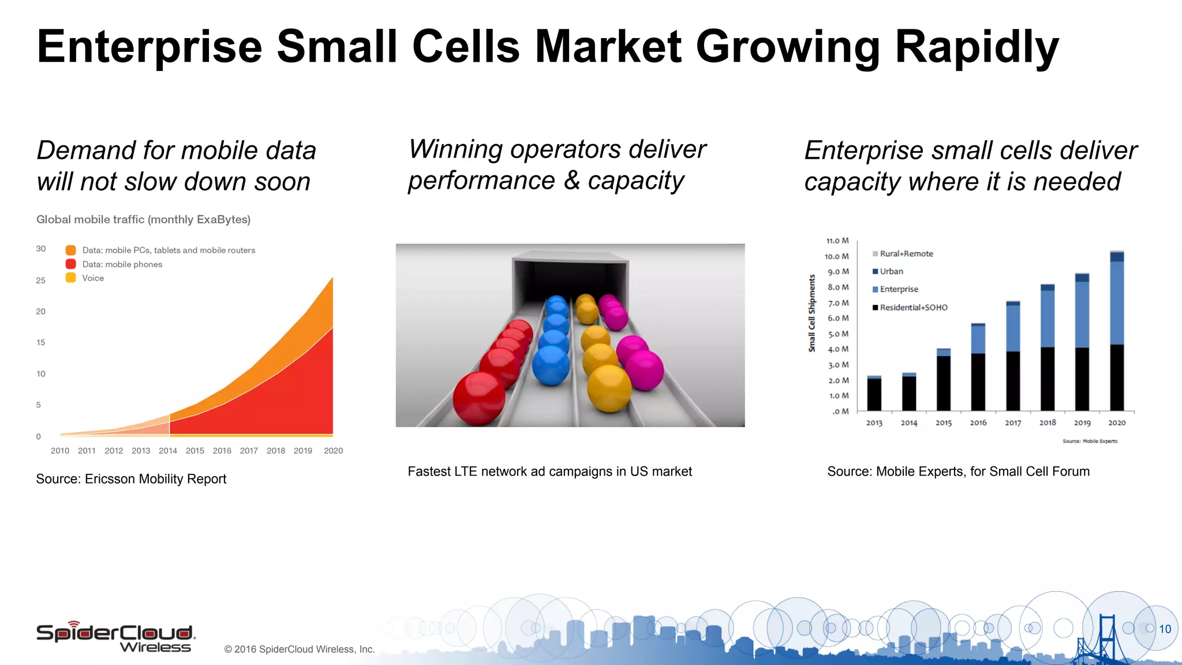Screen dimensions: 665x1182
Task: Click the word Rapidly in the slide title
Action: [977, 47]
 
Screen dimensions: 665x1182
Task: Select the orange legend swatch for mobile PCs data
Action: [71, 250]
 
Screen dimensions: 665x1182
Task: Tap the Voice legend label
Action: [93, 278]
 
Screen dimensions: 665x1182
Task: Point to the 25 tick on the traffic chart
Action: [40, 281]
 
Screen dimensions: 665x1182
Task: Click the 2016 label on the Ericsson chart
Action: [222, 451]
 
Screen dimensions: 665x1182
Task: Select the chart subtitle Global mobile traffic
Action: [143, 219]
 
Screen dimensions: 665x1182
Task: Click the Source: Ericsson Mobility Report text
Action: [131, 479]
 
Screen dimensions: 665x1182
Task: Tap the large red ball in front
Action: [478, 398]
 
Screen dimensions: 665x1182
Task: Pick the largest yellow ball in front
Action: [609, 388]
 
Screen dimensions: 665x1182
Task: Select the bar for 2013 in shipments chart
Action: [874, 394]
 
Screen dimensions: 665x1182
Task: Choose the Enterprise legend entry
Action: [899, 289]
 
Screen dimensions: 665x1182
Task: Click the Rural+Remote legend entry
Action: [906, 254]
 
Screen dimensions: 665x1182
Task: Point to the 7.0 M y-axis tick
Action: [838, 303]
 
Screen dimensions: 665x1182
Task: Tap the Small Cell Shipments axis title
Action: [812, 313]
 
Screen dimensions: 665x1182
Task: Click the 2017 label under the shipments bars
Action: [1013, 423]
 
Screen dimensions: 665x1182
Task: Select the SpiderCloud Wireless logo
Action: [115, 637]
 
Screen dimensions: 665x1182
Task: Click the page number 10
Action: [1165, 629]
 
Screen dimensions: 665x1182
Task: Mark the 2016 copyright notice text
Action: [300, 649]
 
